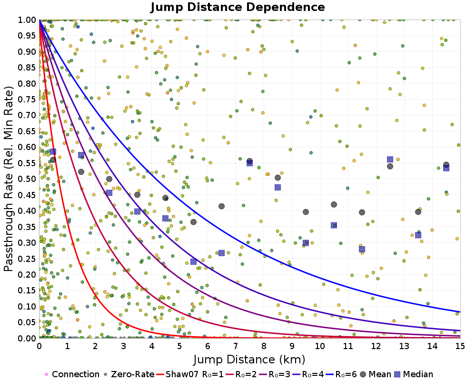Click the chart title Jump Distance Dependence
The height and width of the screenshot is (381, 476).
pos(238,8)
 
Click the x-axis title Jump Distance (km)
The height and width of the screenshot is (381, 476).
pos(249,359)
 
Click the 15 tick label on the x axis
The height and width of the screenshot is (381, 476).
pos(460,347)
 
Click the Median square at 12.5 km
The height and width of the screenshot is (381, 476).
pos(390,160)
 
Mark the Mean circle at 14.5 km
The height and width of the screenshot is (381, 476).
pos(446,165)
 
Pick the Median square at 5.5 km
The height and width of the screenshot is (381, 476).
pos(193,261)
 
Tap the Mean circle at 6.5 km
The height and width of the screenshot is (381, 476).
pos(221,206)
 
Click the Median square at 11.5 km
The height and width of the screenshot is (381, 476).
pos(362,249)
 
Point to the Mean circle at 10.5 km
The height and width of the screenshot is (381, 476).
pos(334,204)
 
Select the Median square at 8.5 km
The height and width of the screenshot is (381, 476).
pos(278,187)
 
